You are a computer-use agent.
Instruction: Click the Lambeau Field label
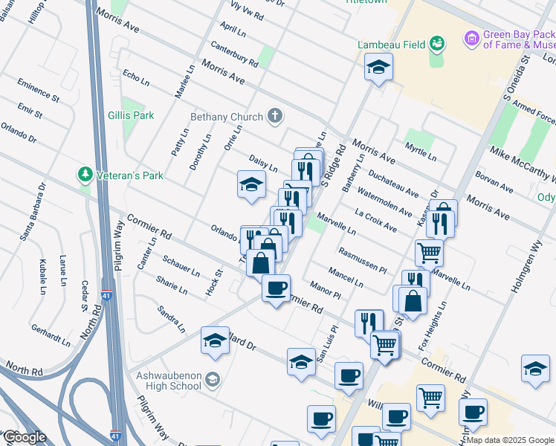[x=391, y=45]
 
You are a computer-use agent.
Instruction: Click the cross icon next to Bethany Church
[x=275, y=116]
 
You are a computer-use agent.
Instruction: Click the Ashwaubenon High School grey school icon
[x=213, y=380]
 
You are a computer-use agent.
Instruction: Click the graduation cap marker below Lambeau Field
[x=378, y=68]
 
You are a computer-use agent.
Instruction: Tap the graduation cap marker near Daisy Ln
[x=252, y=184]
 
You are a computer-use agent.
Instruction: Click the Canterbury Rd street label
[x=233, y=52]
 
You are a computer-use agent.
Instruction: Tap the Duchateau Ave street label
[x=393, y=181]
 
